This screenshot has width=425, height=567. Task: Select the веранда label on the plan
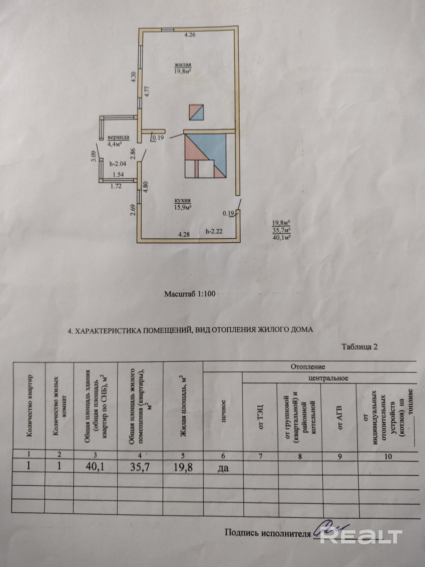tap(118, 137)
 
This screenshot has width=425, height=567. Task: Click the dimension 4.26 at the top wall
tap(190, 35)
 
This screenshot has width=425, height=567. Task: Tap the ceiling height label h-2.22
tap(214, 231)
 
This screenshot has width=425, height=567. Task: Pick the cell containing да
tap(223, 468)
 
